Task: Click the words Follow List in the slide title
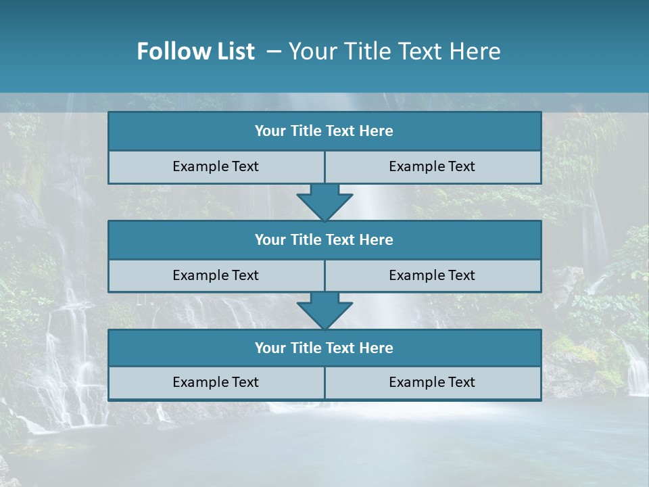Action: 196,51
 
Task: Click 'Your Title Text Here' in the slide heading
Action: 394,51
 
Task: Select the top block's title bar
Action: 324,131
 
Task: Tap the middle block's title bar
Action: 324,240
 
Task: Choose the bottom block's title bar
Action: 324,348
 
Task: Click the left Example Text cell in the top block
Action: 216,166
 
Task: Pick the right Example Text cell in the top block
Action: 432,166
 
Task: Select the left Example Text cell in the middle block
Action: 216,275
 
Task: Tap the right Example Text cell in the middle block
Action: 432,275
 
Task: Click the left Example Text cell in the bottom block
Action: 216,382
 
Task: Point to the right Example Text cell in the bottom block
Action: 432,382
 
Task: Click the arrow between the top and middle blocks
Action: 324,202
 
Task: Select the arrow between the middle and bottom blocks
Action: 324,310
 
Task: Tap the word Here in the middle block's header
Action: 376,240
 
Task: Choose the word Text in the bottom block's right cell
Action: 461,382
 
